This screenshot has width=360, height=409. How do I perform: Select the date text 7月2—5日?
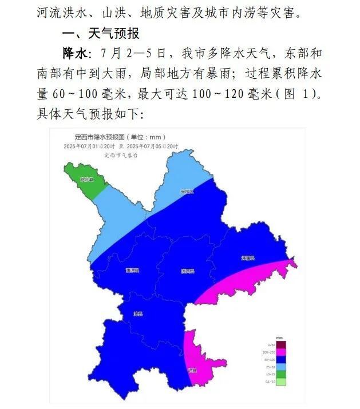pyautogui.click(x=132, y=54)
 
